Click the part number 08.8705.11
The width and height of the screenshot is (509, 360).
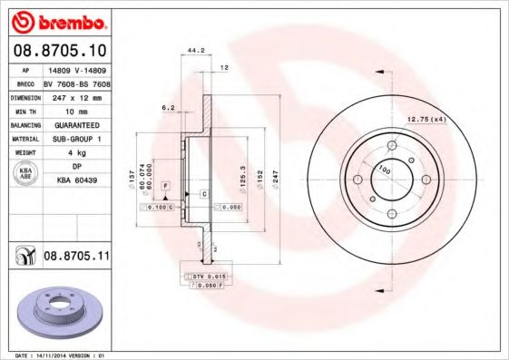[x=76, y=258]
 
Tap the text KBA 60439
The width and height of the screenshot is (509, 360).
[x=76, y=181]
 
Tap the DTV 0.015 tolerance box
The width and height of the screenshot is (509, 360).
[x=206, y=274]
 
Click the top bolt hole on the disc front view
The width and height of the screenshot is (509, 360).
[x=393, y=144]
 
